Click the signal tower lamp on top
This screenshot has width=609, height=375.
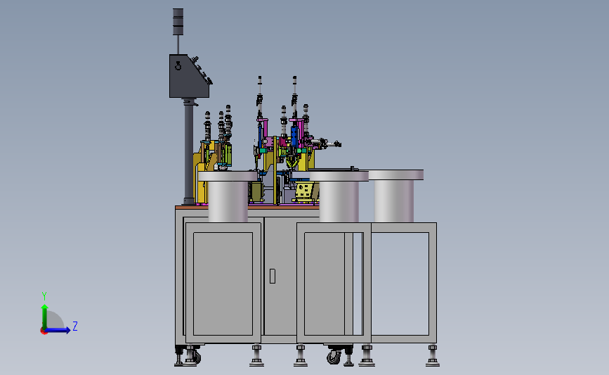[178, 22]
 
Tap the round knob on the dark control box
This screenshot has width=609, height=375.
[178, 66]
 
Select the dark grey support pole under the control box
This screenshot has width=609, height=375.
[189, 152]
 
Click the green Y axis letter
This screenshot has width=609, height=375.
[44, 296]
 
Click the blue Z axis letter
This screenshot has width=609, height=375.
[75, 326]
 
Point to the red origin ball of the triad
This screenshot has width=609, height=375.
[44, 331]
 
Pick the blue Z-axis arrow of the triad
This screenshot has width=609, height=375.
[58, 330]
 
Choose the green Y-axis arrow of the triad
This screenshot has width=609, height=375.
[45, 317]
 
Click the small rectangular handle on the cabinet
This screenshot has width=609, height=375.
[273, 277]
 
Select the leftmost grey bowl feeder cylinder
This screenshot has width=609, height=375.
[228, 196]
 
